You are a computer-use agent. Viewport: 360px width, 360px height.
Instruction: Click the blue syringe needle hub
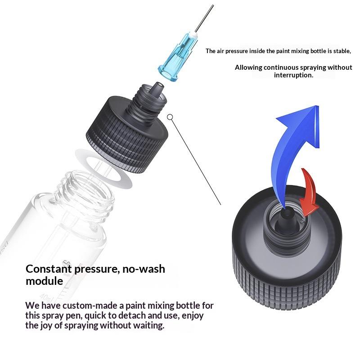[177, 57]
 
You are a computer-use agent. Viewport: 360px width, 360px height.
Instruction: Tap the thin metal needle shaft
[204, 18]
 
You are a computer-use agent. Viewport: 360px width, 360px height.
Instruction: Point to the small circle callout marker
[170, 117]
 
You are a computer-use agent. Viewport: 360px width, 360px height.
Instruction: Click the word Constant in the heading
[49, 269]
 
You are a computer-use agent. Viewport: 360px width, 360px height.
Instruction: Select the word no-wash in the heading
[144, 269]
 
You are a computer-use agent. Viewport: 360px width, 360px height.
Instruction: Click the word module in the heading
[44, 281]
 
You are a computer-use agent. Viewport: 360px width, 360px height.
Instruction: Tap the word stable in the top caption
[342, 51]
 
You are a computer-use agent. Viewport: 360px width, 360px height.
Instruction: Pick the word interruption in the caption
[293, 75]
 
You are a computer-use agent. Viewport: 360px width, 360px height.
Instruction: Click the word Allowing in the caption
[248, 67]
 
